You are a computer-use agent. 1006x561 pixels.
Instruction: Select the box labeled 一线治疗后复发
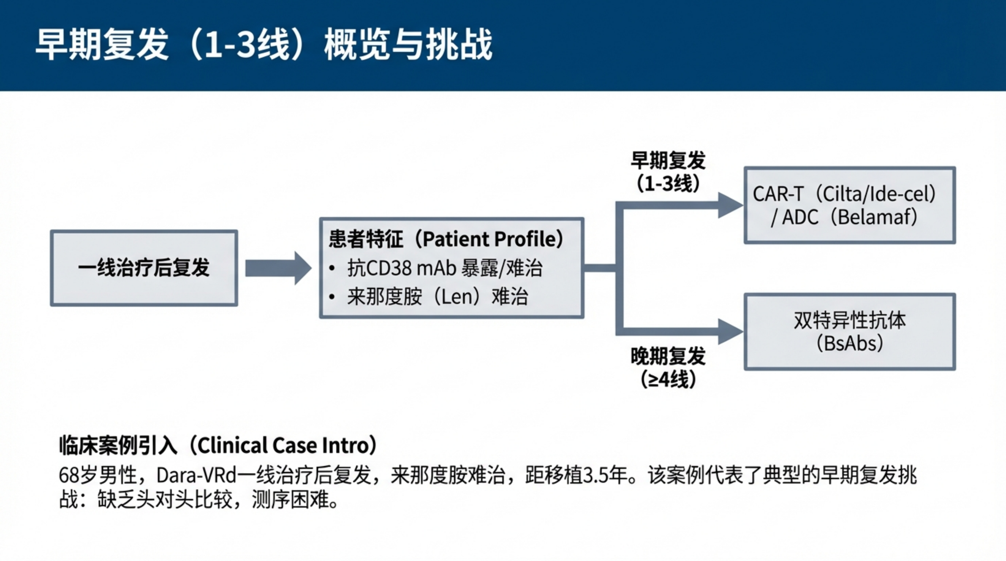click(144, 268)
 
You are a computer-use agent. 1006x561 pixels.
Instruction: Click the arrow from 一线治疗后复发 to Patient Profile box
click(278, 268)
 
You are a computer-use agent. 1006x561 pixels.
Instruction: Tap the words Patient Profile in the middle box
click(492, 239)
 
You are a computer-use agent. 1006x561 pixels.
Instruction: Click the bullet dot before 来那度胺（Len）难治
click(332, 297)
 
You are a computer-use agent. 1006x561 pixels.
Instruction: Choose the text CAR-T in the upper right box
click(778, 194)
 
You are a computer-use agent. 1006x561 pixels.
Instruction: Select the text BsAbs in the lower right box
click(850, 344)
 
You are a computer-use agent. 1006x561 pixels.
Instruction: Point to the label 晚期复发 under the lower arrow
click(668, 356)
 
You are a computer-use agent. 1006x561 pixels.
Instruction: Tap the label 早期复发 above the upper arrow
click(668, 160)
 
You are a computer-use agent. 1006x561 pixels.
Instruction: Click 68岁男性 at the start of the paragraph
click(98, 475)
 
